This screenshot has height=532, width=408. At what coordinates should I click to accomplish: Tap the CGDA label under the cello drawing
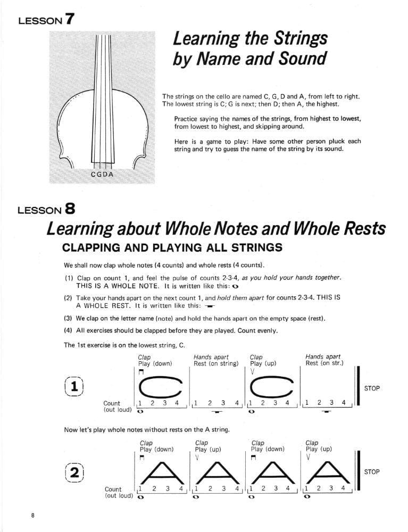click(x=103, y=174)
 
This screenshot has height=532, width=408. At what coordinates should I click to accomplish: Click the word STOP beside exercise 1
click(x=372, y=388)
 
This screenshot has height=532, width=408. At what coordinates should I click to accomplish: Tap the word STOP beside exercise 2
click(x=372, y=472)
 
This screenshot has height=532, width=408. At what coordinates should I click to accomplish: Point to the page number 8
click(x=33, y=516)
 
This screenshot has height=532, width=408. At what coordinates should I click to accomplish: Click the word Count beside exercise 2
click(x=113, y=489)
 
